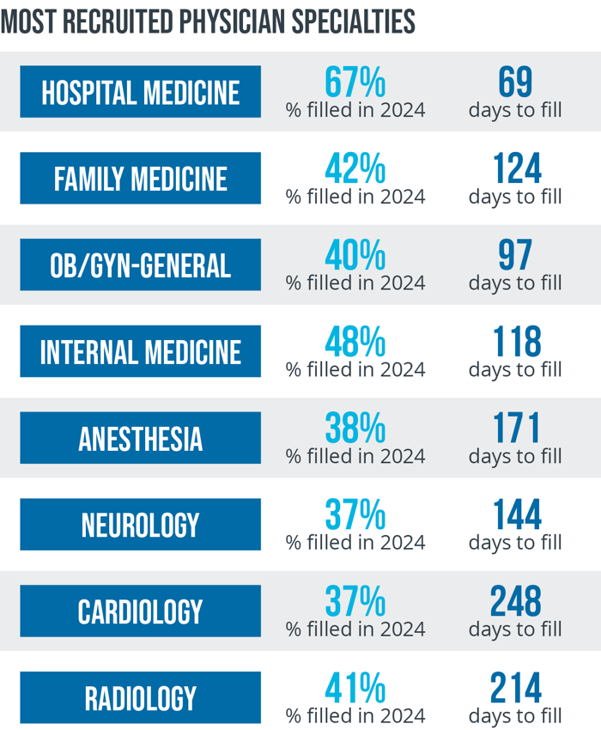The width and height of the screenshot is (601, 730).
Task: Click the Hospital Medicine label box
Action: pos(140,92)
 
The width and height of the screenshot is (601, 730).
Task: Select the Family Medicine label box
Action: pos(140,179)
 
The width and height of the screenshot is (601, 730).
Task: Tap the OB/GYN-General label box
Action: pos(140,265)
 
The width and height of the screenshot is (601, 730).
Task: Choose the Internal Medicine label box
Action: pos(140,352)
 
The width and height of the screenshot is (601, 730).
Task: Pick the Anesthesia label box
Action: pos(140,438)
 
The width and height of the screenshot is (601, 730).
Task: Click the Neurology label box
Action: pos(140,525)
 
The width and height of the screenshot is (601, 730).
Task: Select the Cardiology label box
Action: pos(140,611)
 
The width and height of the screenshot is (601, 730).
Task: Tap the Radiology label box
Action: pos(140,698)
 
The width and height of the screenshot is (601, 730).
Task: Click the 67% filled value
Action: pos(355,82)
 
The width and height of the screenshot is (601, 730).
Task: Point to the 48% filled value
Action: pos(355,343)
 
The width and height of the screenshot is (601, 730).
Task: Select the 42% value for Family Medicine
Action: pos(355,169)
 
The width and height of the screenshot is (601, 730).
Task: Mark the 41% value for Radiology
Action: pos(355,689)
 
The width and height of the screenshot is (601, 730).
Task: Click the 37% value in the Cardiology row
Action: pos(355,602)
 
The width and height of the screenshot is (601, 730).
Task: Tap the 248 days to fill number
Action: pos(515,602)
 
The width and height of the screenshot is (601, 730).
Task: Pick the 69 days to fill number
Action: pos(515,82)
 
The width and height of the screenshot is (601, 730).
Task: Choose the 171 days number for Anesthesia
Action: pos(515,429)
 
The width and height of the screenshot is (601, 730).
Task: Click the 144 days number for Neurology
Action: pos(515,515)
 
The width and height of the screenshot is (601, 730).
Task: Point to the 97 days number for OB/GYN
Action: pos(515,256)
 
